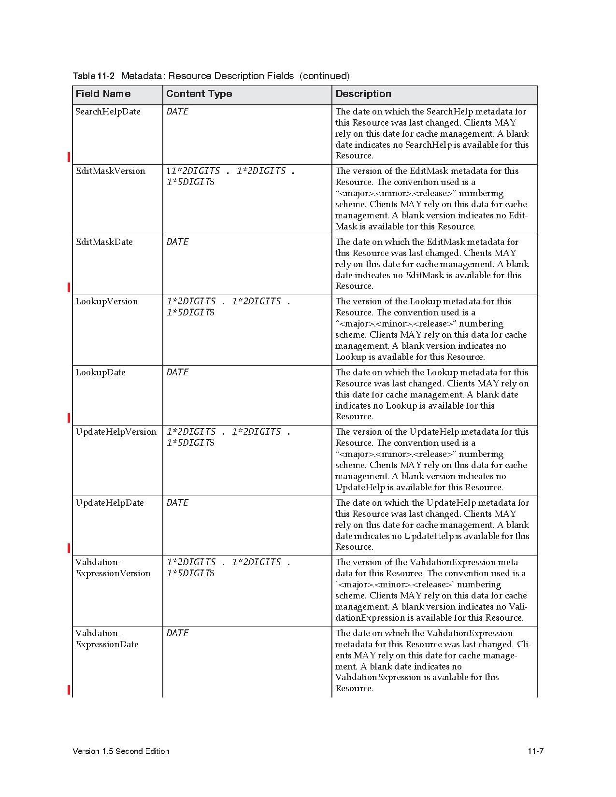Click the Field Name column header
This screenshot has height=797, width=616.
coord(103,94)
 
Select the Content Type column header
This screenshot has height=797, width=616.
coord(199,94)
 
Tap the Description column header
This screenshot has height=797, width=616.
coord(363,94)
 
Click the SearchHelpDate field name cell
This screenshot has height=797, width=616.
coord(108,112)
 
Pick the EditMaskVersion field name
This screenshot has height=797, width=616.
coord(110,171)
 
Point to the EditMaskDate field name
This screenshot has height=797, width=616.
coord(104,242)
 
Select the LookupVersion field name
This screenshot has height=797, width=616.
coord(107,301)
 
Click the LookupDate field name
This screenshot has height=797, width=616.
coord(100,372)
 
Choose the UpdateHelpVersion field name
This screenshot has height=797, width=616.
coord(116,432)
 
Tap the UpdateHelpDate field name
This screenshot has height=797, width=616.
coord(110,503)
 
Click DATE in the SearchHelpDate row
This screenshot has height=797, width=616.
coord(177,112)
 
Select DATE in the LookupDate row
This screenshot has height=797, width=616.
coord(177,372)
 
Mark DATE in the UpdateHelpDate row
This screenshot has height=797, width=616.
coord(177,503)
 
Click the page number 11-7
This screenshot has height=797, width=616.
coord(536,751)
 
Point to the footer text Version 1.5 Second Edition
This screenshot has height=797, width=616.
coord(121,751)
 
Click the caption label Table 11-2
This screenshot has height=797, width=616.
coord(94,76)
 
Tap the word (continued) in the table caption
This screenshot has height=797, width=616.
coord(324,76)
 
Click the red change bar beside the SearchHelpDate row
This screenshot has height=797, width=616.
coord(69,157)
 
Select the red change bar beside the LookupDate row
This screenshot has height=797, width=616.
coord(69,418)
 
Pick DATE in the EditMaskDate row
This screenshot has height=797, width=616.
coord(177,242)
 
